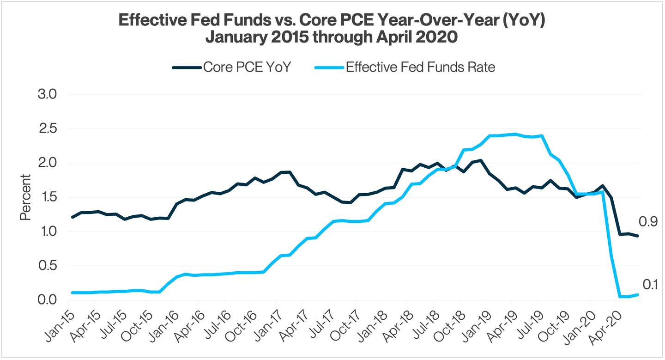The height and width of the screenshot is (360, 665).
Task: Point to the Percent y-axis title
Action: click(25, 197)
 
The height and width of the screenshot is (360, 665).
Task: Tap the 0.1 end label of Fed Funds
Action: click(650, 285)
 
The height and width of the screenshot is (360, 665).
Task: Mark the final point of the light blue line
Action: click(638, 294)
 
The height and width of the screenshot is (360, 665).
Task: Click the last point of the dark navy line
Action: click(638, 236)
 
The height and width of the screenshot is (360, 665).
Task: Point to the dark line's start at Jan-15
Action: click(73, 217)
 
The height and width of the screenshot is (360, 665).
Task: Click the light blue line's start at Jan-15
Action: click(73, 293)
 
